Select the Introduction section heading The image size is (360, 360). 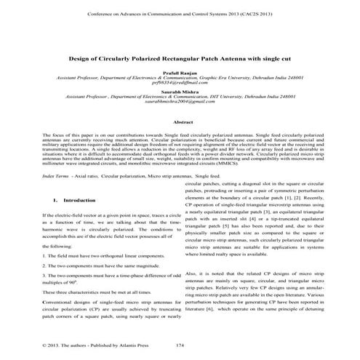click(55, 199)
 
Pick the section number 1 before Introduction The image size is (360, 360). click(34, 199)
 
